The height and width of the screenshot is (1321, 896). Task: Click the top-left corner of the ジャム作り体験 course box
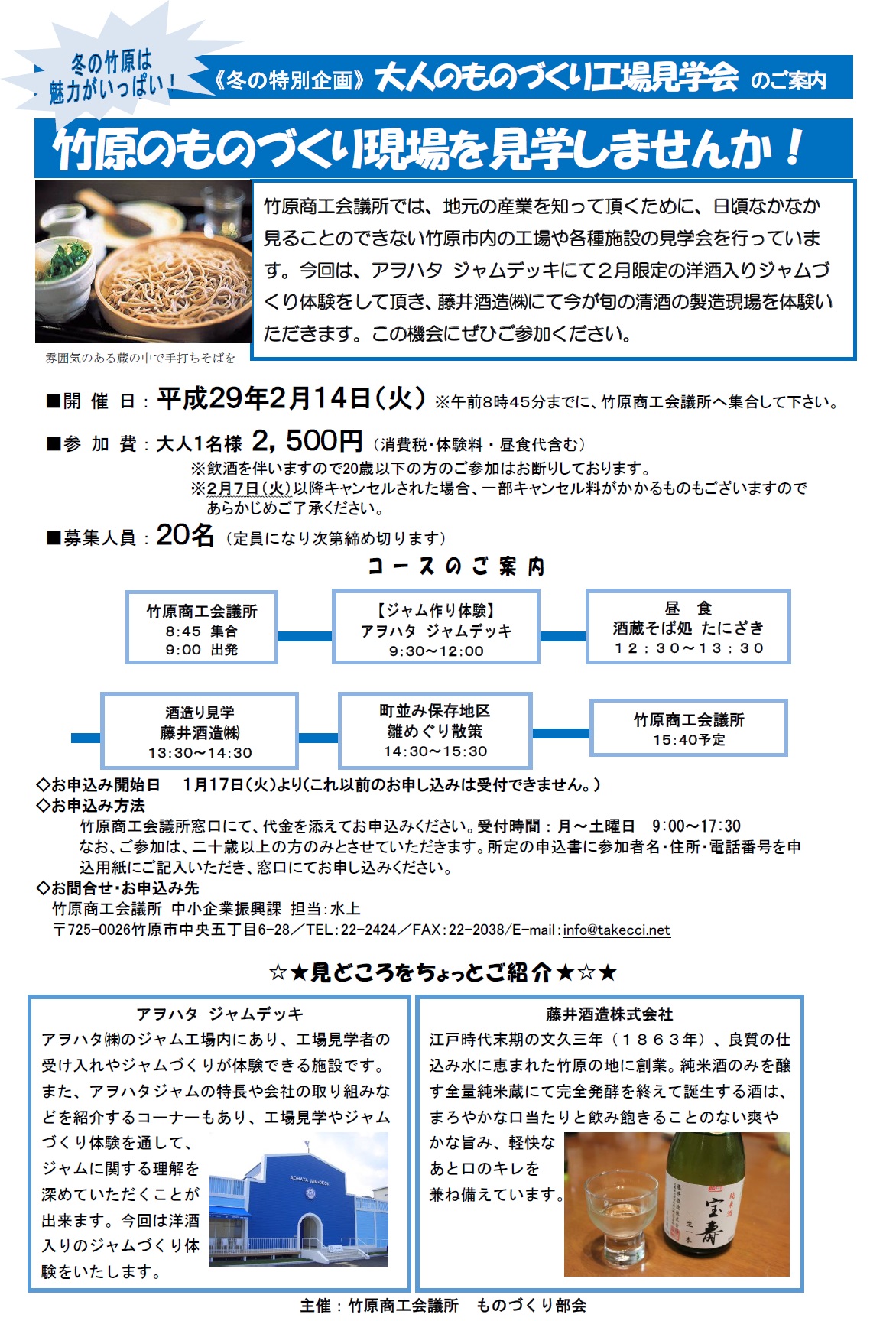pos(333,590)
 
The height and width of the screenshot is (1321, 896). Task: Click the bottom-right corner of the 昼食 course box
pos(790,662)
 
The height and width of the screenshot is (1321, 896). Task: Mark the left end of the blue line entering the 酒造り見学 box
pos(71,738)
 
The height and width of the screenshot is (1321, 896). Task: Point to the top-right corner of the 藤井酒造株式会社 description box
pos(803,996)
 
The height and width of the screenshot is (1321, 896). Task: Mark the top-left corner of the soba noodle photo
pos(35,181)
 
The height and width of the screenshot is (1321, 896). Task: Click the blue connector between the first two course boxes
pos(305,636)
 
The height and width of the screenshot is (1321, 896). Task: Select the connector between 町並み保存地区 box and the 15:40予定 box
pos(560,733)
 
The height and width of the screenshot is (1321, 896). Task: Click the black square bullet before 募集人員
pos(54,538)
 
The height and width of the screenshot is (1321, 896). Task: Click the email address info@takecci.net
pos(616,930)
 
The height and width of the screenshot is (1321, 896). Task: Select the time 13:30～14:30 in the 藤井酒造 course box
pos(200,753)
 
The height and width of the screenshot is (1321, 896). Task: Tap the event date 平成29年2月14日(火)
pos(291,398)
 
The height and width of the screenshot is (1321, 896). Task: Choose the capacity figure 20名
pos(185,535)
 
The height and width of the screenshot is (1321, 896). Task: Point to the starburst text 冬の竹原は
pos(112,61)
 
